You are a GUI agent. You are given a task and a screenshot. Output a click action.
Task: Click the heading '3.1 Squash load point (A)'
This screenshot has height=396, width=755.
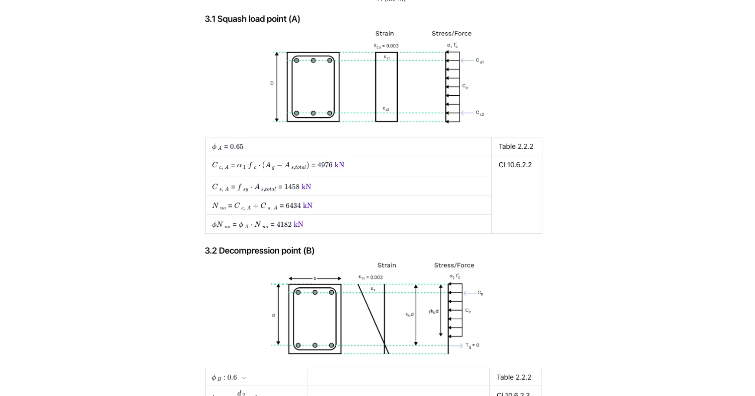(x=252, y=19)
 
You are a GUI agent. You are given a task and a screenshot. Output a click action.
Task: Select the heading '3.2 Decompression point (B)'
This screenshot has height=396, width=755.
(x=259, y=251)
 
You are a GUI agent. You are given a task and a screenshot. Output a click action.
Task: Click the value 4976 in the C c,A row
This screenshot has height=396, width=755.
(x=325, y=165)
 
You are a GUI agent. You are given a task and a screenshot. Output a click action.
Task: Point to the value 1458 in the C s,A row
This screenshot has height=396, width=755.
(x=292, y=187)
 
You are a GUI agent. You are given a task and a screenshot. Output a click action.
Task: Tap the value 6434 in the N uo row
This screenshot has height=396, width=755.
(x=293, y=206)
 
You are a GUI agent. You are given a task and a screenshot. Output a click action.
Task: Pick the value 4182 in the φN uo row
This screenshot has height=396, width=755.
(x=284, y=225)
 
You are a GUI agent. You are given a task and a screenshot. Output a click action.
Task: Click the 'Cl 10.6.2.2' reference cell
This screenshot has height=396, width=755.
(x=515, y=165)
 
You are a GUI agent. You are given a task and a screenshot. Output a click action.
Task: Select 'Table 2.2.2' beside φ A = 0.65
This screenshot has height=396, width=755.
(x=516, y=146)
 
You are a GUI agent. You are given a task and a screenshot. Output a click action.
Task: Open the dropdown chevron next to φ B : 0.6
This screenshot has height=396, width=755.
(x=244, y=378)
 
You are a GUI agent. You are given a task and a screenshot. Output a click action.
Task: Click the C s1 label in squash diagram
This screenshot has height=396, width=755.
(x=480, y=61)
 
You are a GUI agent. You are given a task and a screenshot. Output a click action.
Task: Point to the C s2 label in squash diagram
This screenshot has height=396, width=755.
(x=480, y=113)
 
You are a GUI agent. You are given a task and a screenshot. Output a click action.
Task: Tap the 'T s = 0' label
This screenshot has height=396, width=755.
(x=472, y=345)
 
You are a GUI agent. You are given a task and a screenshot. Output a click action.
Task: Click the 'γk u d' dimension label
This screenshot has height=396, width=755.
(x=433, y=311)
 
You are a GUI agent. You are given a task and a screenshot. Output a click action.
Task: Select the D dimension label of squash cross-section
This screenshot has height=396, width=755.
(x=272, y=83)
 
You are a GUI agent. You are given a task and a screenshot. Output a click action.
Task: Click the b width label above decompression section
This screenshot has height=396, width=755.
(x=315, y=278)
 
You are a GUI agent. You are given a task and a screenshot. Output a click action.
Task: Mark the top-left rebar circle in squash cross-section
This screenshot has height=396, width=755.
(x=297, y=61)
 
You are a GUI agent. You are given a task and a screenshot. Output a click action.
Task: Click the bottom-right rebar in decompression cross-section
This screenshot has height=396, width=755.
(x=331, y=345)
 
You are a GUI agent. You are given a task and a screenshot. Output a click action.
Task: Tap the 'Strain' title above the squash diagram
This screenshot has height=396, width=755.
(x=384, y=33)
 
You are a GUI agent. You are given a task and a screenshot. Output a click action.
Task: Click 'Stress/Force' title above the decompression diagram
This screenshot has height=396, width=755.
(x=454, y=265)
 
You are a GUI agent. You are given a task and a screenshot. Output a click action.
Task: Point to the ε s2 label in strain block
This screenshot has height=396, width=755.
(x=386, y=109)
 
